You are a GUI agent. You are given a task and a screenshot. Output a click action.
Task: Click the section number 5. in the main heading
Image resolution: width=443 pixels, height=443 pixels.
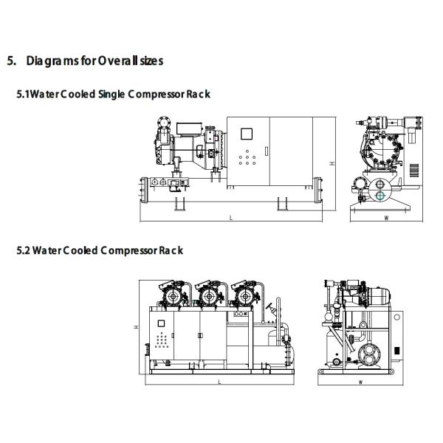[x=11, y=61]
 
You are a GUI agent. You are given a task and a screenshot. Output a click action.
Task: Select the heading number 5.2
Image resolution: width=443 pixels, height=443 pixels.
[x=22, y=250]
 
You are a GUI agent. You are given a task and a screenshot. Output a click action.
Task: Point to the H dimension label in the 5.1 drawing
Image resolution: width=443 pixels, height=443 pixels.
[x=333, y=162]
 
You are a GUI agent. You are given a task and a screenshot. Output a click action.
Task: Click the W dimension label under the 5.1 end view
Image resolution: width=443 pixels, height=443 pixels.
[x=386, y=219]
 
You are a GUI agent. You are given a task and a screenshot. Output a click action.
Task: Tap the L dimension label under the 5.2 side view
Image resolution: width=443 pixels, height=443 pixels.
[x=219, y=382]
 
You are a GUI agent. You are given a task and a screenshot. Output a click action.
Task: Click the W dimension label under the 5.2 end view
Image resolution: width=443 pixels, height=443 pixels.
[x=360, y=382]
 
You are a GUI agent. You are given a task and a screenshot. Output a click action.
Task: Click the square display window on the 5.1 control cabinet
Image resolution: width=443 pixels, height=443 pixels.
[x=247, y=134]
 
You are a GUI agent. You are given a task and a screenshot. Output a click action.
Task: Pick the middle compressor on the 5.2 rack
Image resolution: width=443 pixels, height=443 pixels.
[x=207, y=295]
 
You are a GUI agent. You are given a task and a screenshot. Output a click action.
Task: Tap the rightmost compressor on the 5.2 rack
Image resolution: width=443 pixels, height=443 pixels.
[x=241, y=295]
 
